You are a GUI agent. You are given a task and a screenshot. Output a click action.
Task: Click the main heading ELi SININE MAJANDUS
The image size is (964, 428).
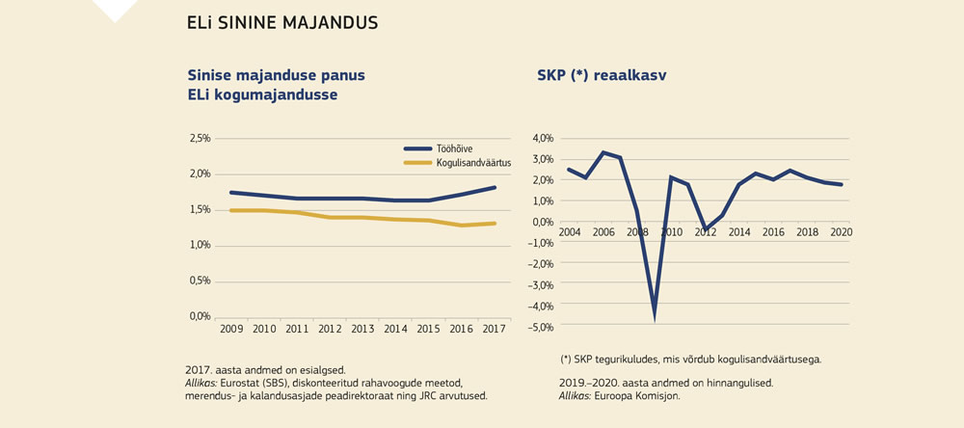(x=281, y=21)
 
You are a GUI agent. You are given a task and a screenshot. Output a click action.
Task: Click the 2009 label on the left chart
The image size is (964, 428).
(x=231, y=330)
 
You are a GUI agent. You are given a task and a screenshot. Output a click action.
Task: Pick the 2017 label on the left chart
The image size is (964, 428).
(x=495, y=330)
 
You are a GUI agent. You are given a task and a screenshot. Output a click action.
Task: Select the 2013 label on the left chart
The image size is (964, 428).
(x=363, y=330)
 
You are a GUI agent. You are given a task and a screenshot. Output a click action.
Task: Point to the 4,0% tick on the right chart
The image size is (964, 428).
(x=543, y=139)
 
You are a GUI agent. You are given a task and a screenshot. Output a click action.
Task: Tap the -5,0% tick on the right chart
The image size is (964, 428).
(x=541, y=327)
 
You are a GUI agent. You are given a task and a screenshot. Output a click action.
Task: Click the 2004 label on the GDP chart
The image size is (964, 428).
(x=569, y=233)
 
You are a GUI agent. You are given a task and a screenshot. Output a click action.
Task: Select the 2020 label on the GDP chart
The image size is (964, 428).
(x=841, y=233)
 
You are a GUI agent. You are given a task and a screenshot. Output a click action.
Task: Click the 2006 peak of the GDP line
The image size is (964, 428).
(x=602, y=152)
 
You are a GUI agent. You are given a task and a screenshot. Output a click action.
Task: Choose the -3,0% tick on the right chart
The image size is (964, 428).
(x=541, y=285)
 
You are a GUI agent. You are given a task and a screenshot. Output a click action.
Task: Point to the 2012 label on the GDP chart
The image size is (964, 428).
(x=705, y=233)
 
